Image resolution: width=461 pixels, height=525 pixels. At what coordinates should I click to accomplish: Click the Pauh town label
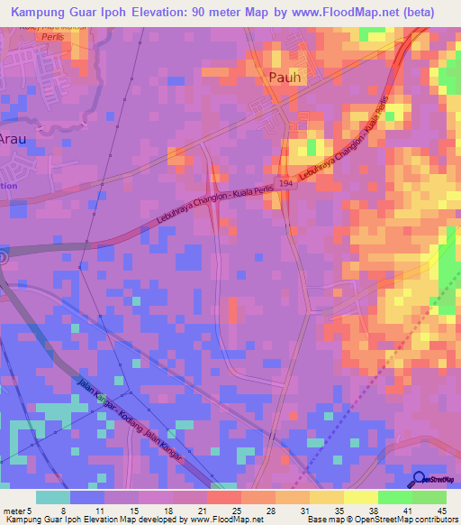coord(287,78)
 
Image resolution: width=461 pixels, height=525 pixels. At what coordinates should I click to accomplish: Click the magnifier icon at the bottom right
coord(420,479)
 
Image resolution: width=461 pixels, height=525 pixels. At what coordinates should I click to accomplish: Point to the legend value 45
coord(441,510)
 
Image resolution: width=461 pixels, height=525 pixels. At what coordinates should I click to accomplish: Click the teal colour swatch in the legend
coord(53,497)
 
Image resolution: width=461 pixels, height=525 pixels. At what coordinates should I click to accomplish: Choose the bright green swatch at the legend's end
coord(429,497)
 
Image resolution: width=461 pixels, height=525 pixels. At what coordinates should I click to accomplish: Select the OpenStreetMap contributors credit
coord(395,520)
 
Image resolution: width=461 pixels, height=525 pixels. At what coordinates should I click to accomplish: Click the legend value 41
coord(407,510)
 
